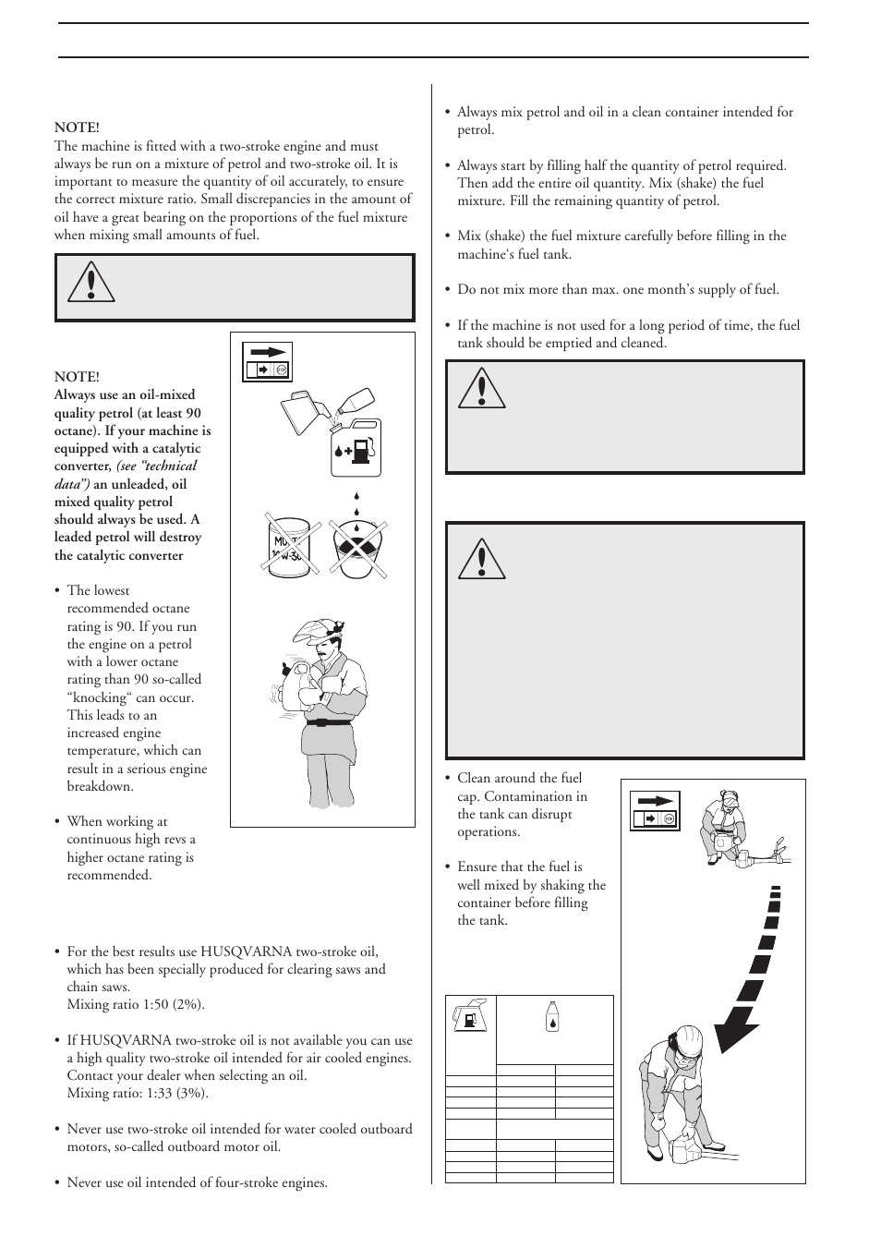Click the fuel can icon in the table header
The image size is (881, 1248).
click(x=471, y=1016)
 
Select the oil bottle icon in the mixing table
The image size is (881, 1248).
click(x=552, y=1015)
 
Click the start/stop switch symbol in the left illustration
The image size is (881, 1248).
click(x=267, y=361)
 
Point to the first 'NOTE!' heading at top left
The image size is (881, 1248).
click(x=77, y=128)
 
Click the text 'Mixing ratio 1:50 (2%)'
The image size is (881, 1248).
click(x=136, y=1005)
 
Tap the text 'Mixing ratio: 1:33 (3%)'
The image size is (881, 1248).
click(x=138, y=1094)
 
